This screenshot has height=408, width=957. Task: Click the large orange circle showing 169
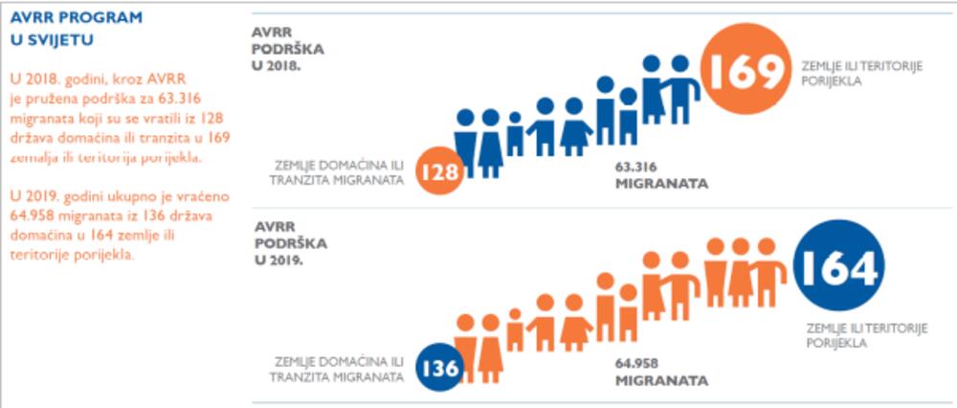tap(746, 70)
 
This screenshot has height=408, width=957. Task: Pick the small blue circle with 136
tap(440, 368)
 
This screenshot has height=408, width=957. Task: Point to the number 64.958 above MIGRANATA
tap(638, 362)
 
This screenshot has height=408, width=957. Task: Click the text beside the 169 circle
tap(857, 73)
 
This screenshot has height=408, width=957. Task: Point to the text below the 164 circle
tap(861, 335)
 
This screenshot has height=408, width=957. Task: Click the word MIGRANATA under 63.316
tap(661, 183)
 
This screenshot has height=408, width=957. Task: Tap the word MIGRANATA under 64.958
tap(661, 380)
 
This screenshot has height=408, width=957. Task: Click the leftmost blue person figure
tap(466, 142)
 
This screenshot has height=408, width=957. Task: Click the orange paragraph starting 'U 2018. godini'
tap(119, 116)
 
